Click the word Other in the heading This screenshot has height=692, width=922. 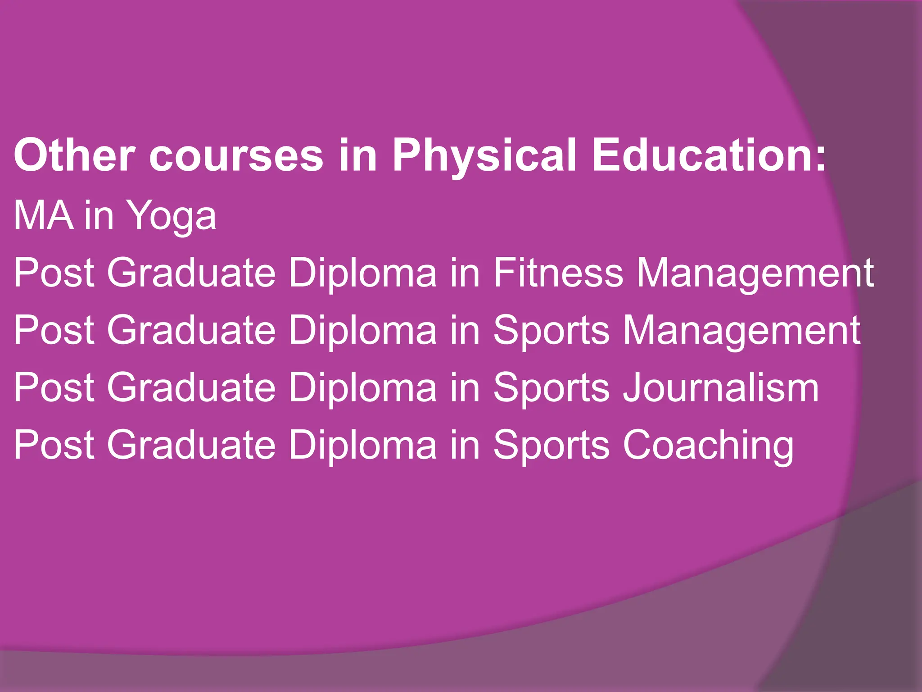coord(74,155)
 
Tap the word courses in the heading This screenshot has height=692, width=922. coord(236,155)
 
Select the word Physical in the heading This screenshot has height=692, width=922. coord(484,155)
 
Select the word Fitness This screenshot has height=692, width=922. coord(558,273)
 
